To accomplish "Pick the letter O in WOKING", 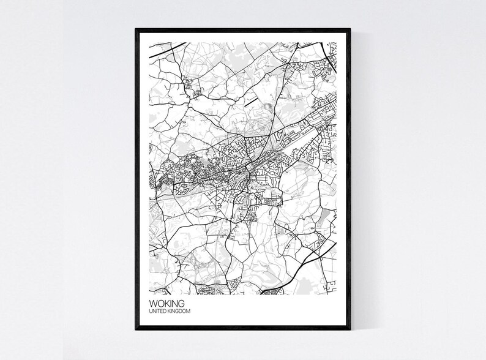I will pos(159,302).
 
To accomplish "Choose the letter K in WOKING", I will pos(165,302).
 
